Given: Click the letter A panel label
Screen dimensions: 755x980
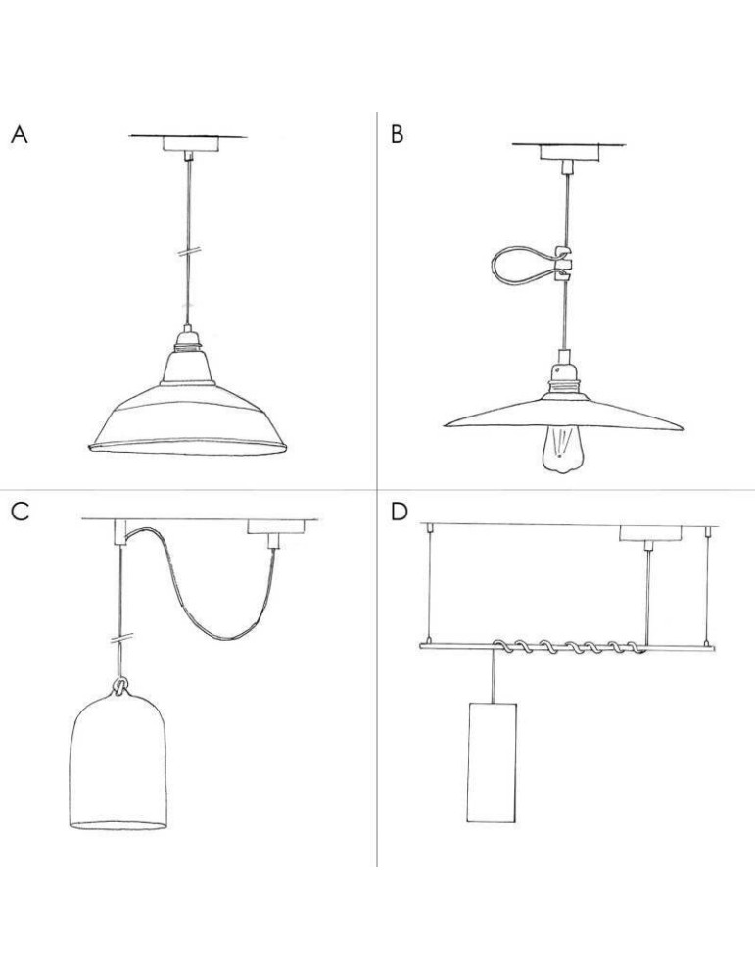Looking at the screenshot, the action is (20, 135).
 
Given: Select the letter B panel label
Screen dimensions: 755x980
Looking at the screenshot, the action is (398, 135).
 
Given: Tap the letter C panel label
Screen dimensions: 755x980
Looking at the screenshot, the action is (20, 512).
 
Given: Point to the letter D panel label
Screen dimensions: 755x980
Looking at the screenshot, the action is (399, 512).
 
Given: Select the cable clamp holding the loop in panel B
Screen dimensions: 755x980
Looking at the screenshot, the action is (564, 262).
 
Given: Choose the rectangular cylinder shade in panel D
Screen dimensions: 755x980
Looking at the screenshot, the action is (492, 761).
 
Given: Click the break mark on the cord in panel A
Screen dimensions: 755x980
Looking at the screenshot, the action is (188, 251).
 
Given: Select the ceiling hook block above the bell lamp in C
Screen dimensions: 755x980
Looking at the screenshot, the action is (120, 532).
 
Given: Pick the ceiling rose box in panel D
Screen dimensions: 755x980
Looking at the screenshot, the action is (650, 534).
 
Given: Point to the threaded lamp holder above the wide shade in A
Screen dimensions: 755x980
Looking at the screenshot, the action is (186, 339).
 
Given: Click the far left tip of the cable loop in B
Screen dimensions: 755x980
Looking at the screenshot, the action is (493, 265).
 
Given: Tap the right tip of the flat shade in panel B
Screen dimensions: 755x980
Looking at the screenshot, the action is (684, 429).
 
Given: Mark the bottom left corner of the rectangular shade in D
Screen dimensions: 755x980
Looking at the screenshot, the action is (468, 821).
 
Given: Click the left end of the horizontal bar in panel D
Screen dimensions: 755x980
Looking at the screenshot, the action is (420, 645).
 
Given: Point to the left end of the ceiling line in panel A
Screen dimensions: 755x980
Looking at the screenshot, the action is (129, 135).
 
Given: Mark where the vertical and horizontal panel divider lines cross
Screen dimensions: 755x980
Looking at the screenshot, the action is (377, 489).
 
